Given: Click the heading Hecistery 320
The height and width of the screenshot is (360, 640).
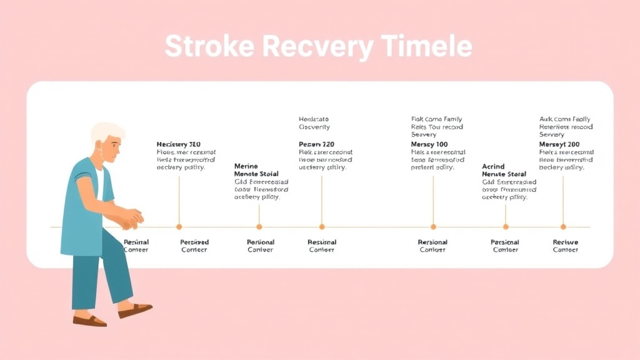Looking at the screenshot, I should pos(178,144).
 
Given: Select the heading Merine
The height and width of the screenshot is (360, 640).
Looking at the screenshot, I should pos(246,166).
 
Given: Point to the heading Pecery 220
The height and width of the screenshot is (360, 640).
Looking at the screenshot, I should pos(317,144).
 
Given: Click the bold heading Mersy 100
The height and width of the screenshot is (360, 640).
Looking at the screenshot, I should pos(429,144).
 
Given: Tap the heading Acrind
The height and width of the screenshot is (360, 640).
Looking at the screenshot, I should pos(493,167).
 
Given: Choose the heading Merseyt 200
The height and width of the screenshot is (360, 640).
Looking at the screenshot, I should pos(559,144).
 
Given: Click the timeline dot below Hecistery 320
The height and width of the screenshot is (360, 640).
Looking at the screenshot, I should pos(179,227).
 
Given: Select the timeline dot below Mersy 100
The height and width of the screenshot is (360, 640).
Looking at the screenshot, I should pos(433,227).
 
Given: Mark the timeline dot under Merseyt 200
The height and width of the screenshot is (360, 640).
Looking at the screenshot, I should pos(563,227).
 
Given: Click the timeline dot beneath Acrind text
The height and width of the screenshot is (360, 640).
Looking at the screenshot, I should pos(506,227).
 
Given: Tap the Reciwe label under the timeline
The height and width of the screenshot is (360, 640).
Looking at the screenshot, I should pos(566,242).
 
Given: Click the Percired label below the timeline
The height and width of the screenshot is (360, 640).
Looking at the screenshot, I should pos(194,242).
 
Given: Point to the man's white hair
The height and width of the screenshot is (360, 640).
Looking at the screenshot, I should pos(106,132).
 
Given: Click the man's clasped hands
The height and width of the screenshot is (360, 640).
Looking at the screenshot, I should pos(132,217).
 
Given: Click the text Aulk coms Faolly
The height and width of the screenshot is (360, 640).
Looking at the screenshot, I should pos(564,119).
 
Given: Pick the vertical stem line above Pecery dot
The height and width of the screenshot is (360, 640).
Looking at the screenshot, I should pos(322,200).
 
